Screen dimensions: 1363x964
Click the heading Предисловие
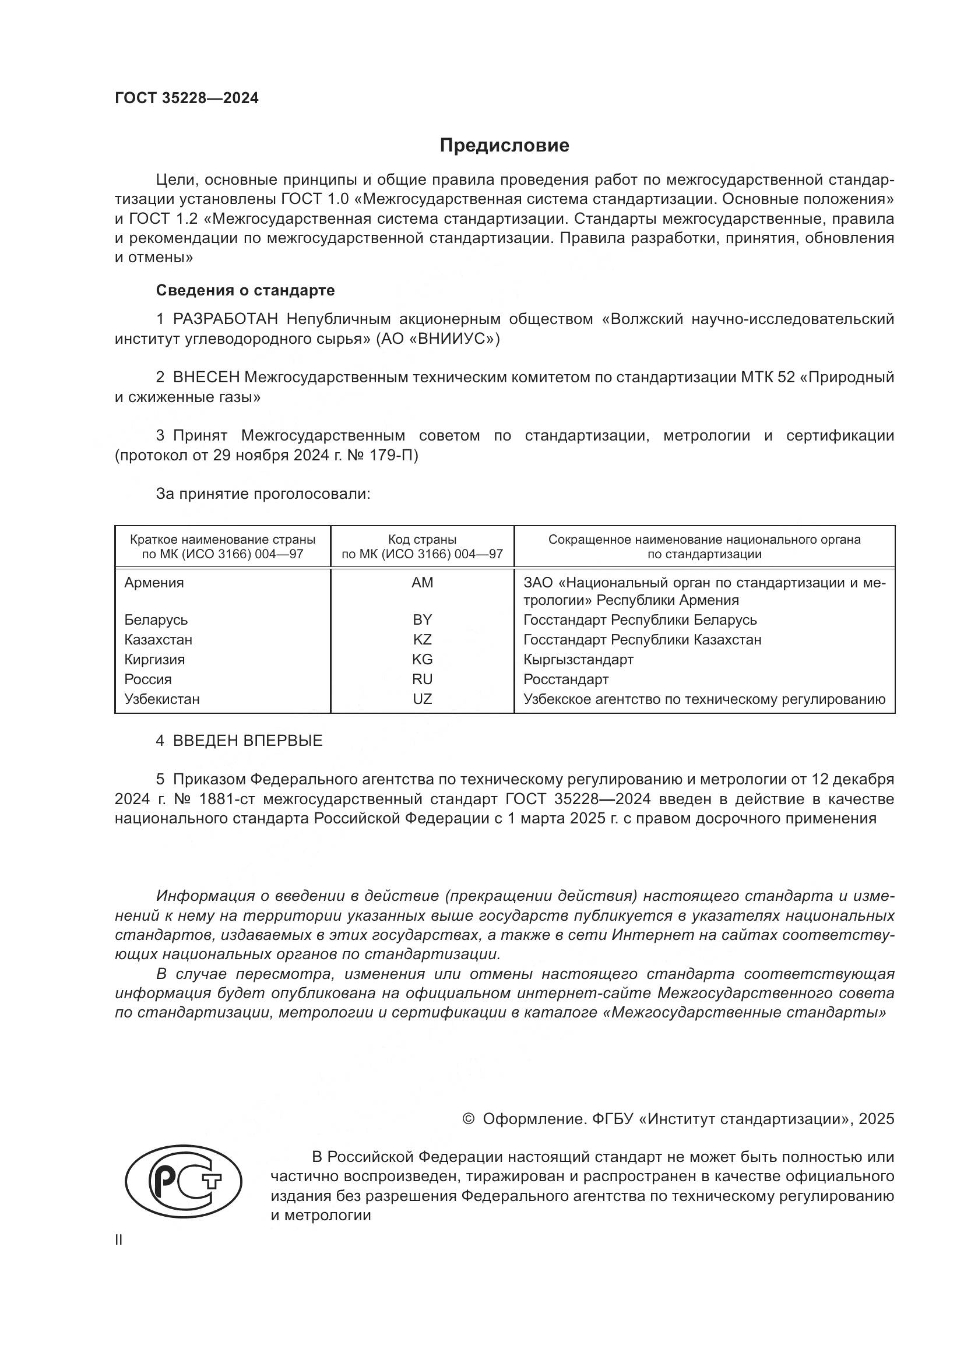pyautogui.click(x=504, y=146)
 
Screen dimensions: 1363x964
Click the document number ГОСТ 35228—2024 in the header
pyautogui.click(x=187, y=98)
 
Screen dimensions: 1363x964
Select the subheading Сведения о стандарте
pyautogui.click(x=245, y=290)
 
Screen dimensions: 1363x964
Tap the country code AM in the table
pyautogui.click(x=422, y=582)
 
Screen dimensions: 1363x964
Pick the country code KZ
pyautogui.click(x=422, y=639)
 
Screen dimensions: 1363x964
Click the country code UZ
pyautogui.click(x=422, y=699)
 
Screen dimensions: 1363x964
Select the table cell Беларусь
pyautogui.click(x=156, y=620)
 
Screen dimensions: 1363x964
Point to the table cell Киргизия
pyautogui.click(x=154, y=660)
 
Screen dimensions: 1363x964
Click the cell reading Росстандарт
pyautogui.click(x=566, y=679)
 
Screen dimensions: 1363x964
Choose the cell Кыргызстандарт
pyautogui.click(x=578, y=660)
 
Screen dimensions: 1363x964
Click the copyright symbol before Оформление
pyautogui.click(x=468, y=1119)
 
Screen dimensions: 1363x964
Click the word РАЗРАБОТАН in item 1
pyautogui.click(x=225, y=319)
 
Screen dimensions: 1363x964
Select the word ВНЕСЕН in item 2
pyautogui.click(x=206, y=378)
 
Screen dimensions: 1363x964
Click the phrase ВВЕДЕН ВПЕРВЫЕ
pyautogui.click(x=248, y=741)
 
